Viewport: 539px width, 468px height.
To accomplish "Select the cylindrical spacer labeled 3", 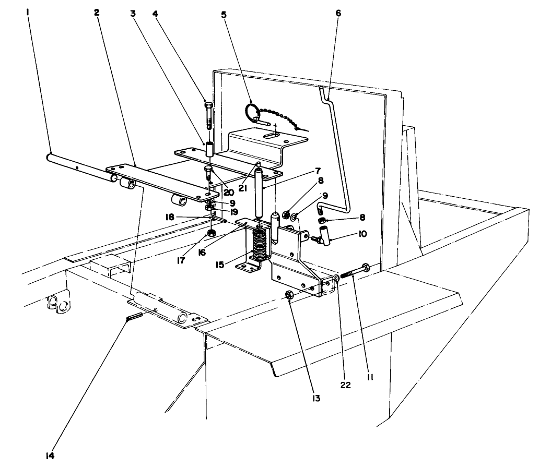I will (x=209, y=150).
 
